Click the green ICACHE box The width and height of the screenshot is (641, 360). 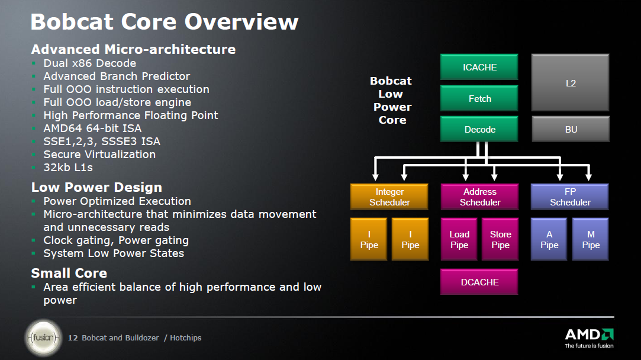(x=479, y=67)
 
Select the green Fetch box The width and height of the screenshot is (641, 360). (x=479, y=98)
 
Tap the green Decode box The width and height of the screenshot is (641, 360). (x=479, y=129)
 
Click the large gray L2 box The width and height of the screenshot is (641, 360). (x=571, y=83)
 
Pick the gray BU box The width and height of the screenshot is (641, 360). (x=571, y=129)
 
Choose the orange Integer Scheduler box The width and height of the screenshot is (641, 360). (x=389, y=197)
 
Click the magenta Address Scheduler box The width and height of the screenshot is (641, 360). (x=479, y=197)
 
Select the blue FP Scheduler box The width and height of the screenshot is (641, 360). (x=570, y=197)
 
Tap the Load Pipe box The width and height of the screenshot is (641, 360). (x=459, y=240)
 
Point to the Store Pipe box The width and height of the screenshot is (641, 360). (x=500, y=240)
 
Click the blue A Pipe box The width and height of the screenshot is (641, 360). (x=549, y=240)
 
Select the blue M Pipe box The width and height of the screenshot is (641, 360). (x=591, y=240)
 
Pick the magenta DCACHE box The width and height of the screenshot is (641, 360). (x=479, y=282)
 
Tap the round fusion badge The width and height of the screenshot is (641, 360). (x=43, y=338)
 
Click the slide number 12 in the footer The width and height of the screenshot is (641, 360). (x=73, y=337)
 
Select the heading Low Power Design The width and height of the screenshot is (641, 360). (x=96, y=187)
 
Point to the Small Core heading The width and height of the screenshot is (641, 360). (x=69, y=273)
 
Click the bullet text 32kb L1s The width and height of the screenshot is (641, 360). (x=68, y=168)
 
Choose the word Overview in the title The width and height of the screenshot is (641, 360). (x=241, y=21)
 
